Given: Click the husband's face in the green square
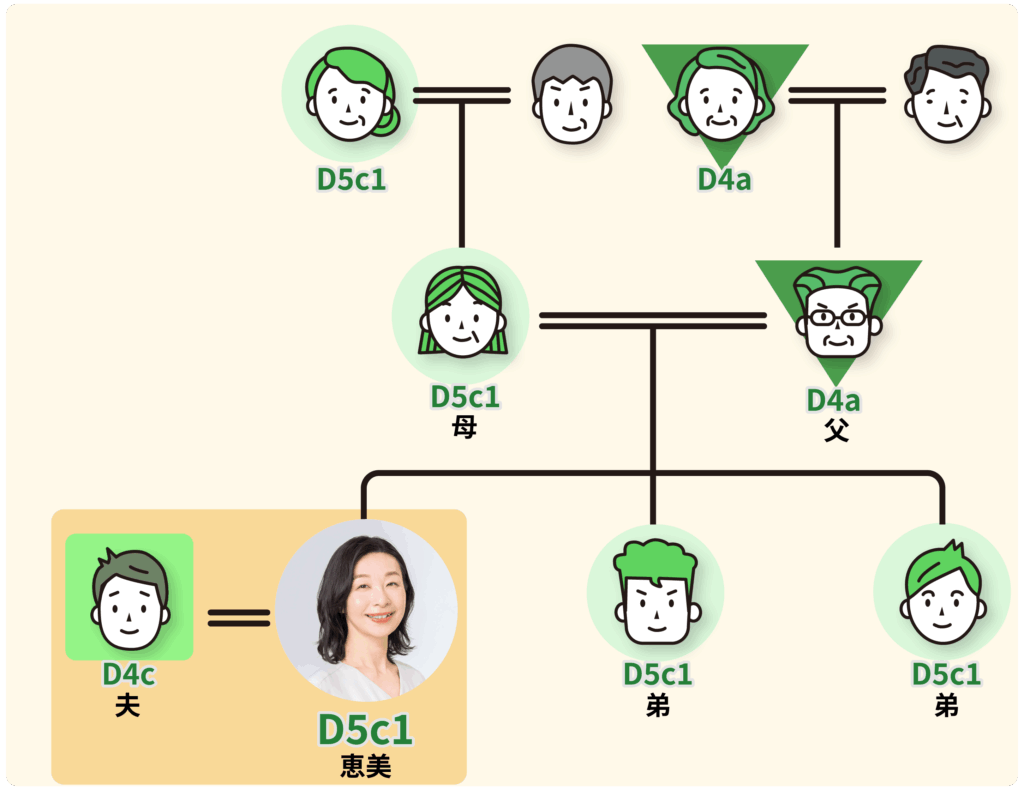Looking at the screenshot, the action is (x=130, y=599).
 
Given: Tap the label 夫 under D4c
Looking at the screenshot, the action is (x=127, y=706).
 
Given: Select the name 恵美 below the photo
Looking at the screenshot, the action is (x=366, y=766).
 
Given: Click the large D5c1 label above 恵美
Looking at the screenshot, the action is (x=366, y=729).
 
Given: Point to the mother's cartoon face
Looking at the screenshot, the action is (x=462, y=313).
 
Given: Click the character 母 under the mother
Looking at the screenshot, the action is (x=464, y=427).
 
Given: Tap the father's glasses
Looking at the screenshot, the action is (x=838, y=318).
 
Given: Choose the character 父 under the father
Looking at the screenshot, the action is (x=837, y=430).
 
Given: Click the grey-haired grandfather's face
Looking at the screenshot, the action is (x=572, y=94).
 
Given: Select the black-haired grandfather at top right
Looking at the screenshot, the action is (x=948, y=94).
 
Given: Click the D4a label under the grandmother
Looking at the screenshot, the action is (x=724, y=180).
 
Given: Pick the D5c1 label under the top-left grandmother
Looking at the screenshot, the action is (x=351, y=180).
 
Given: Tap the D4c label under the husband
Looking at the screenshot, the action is (x=129, y=674).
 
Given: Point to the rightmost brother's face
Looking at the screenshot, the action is (x=942, y=593).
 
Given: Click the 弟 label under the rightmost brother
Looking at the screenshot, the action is (x=946, y=706).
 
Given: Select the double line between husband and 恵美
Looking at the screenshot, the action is (x=239, y=618).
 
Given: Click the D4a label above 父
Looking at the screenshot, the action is (x=833, y=400).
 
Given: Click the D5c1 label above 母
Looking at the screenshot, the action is (x=465, y=397).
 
